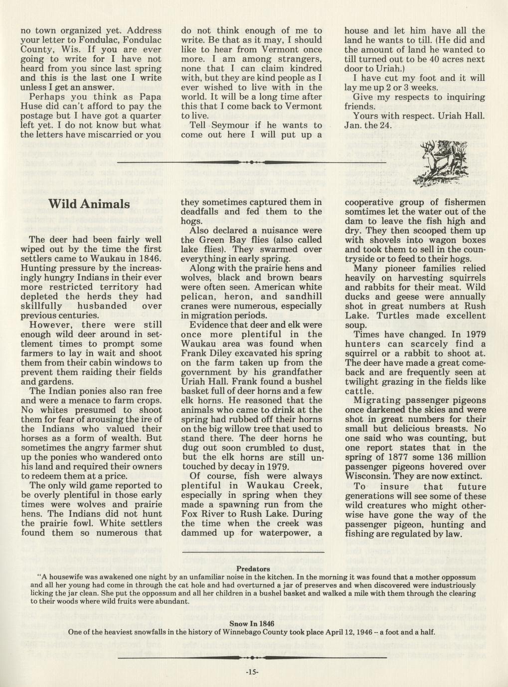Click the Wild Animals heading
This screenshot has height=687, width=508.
pyautogui.click(x=89, y=204)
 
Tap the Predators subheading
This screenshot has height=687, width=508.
pyautogui.click(x=253, y=569)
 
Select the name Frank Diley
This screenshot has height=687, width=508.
pyautogui.click(x=205, y=353)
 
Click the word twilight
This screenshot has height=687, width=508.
pyautogui.click(x=363, y=382)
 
